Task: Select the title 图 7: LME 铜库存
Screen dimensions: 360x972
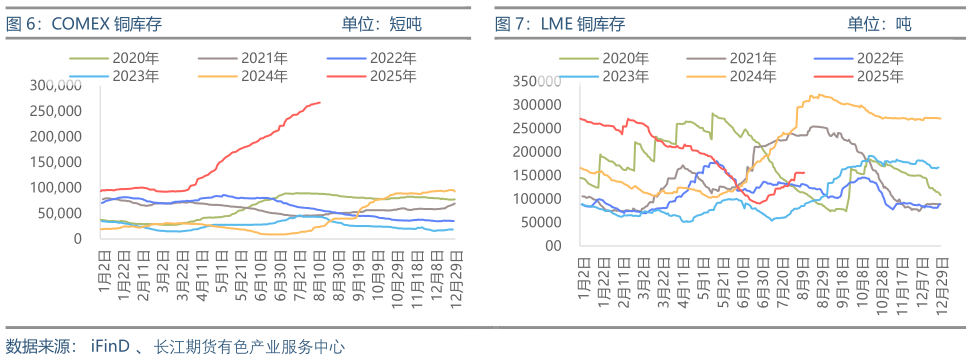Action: tap(560, 23)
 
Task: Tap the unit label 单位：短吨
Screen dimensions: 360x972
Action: tap(381, 23)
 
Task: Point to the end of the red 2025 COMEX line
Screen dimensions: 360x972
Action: tap(320, 102)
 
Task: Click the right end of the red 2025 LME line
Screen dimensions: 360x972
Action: tap(805, 172)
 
